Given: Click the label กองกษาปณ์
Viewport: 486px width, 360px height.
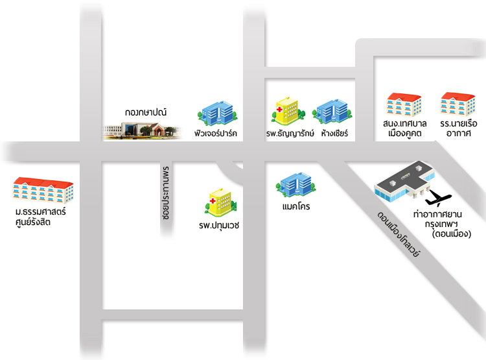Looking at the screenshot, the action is [146, 112].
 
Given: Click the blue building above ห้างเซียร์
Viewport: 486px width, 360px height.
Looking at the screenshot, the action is [332, 112].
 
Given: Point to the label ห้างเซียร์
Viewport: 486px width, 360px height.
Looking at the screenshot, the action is [334, 133].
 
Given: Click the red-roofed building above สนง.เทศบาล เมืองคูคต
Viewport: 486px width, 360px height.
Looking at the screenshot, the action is [404, 105].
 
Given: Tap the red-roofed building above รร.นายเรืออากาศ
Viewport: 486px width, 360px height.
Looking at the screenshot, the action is [457, 104].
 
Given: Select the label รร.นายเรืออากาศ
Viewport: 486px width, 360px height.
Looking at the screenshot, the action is [459, 128].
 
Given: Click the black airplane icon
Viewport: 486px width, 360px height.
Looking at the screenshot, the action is [437, 198].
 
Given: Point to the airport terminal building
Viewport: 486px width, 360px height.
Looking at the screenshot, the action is [404, 181].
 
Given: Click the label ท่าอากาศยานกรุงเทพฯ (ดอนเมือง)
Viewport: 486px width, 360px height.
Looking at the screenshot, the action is [442, 224].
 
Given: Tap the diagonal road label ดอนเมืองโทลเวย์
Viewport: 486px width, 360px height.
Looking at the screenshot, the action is [399, 234].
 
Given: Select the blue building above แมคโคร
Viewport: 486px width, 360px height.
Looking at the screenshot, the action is [296, 185].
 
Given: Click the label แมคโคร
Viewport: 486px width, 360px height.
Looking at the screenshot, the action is [296, 206].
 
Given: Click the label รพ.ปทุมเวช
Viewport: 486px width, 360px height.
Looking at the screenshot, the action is [219, 225].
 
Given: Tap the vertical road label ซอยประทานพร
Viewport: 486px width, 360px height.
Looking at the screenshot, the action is [166, 193].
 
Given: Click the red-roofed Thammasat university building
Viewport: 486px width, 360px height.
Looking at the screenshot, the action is [43, 190].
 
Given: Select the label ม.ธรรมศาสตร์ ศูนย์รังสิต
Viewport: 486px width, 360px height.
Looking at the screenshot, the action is [40, 217].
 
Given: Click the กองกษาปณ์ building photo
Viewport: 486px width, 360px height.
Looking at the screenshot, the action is [142, 130].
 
